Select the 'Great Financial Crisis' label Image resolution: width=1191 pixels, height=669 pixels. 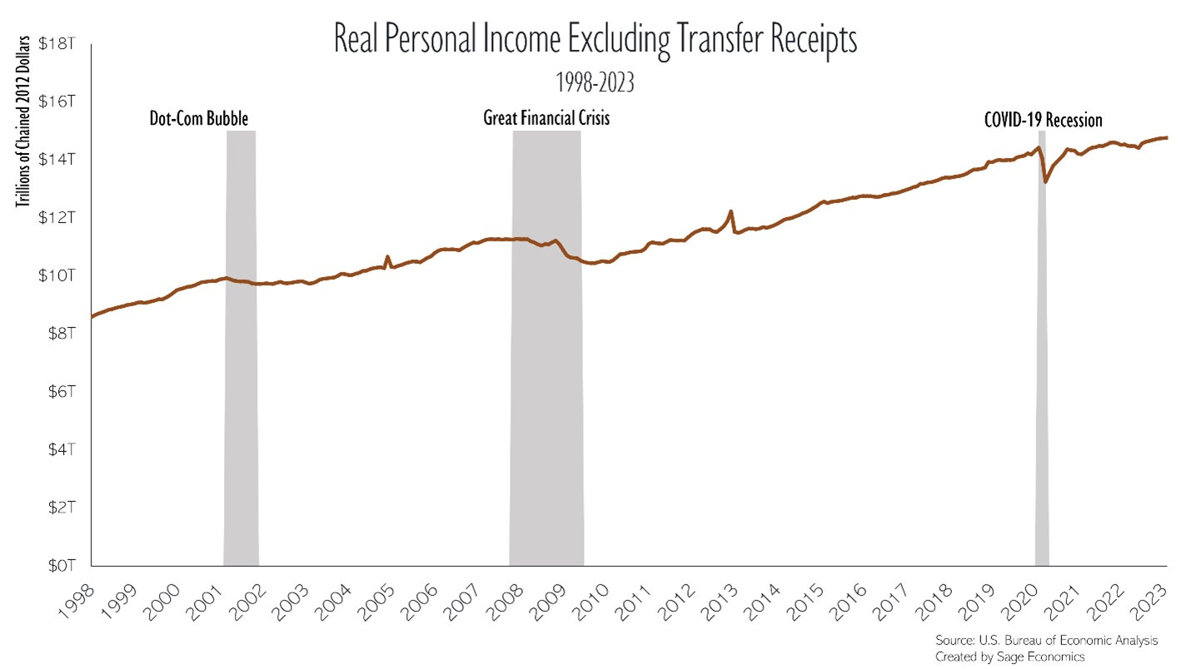tap(546, 119)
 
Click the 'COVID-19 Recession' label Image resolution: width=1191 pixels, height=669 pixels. tap(1043, 121)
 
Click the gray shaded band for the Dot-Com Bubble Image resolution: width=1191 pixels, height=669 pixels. tap(241, 374)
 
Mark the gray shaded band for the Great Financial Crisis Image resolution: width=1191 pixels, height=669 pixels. tap(546, 374)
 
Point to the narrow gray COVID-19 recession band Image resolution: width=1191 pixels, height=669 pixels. tap(1042, 374)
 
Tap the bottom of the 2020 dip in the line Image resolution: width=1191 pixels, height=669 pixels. tap(1046, 181)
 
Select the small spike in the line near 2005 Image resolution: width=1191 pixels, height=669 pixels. tap(386, 257)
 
